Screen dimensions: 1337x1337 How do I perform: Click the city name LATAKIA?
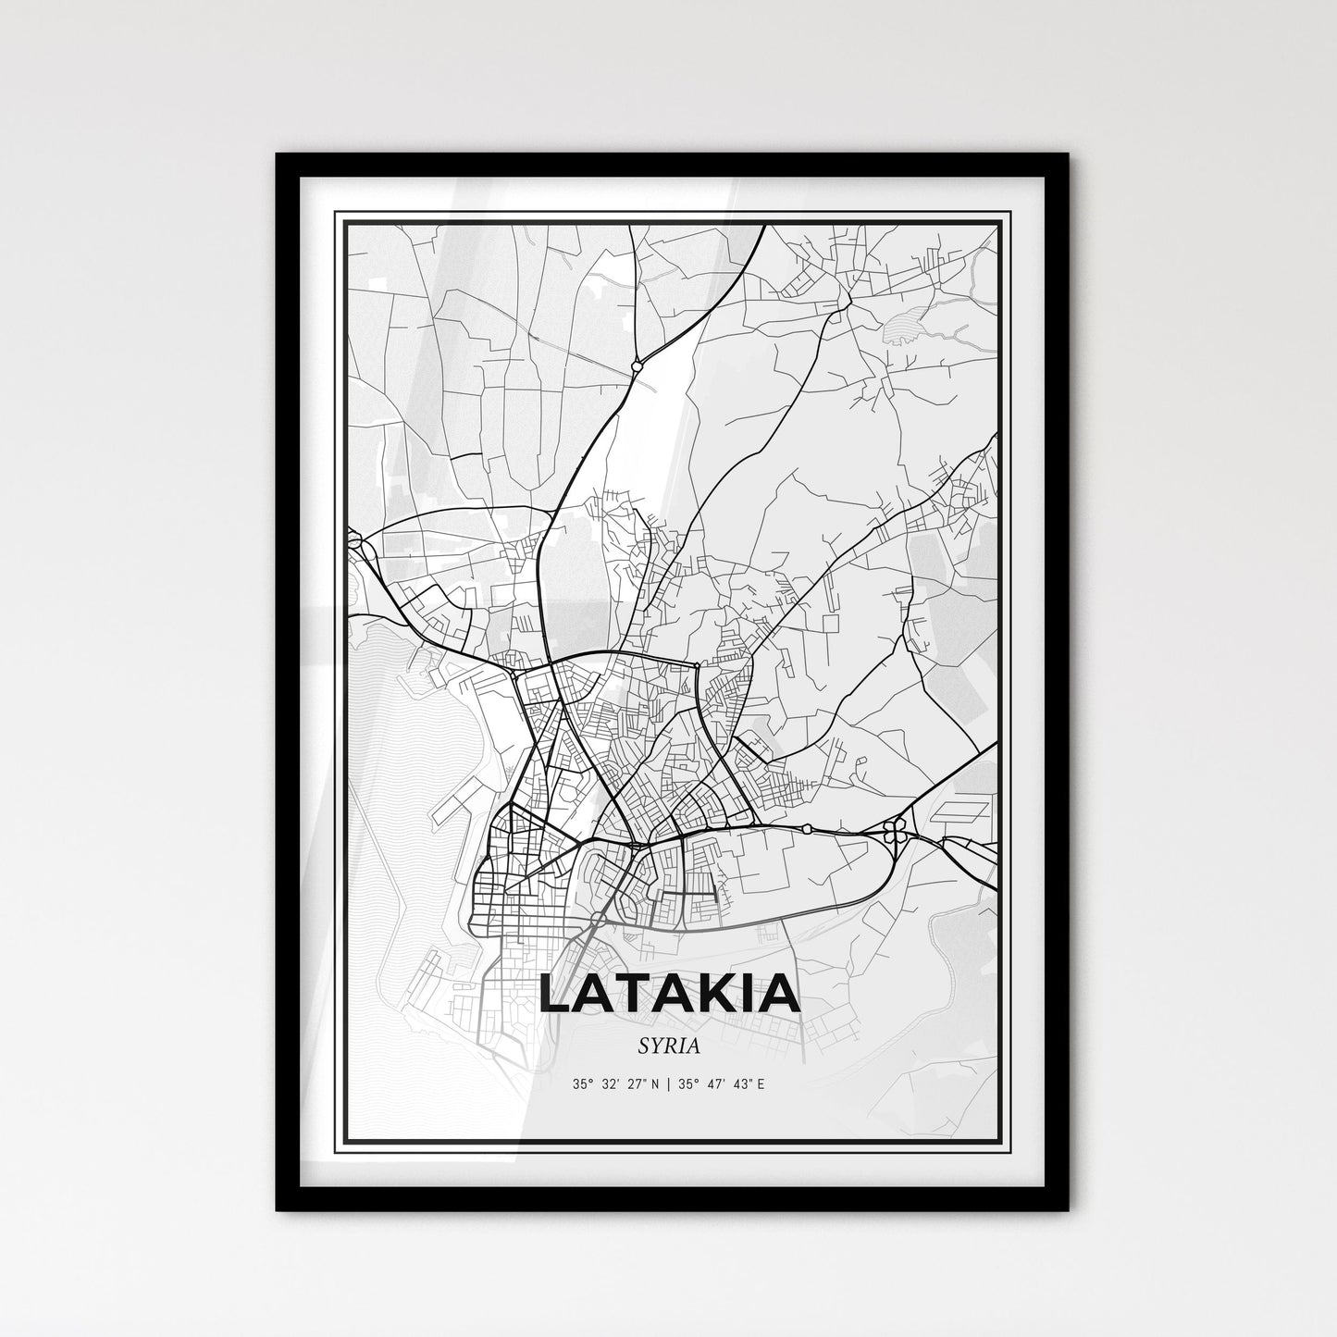tap(669, 993)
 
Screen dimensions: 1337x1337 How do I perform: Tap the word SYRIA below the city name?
tap(668, 1046)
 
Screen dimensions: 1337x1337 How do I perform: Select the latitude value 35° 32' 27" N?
tap(614, 1083)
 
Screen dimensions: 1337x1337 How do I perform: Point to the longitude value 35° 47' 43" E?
tap(722, 1083)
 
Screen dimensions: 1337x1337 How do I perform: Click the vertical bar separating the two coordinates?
tap(668, 1083)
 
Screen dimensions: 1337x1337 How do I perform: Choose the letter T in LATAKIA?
tap(631, 993)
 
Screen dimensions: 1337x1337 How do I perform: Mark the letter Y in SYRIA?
tap(653, 1046)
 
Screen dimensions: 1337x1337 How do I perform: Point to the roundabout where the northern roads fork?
tap(637, 367)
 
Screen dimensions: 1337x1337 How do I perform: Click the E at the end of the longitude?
tap(761, 1083)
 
